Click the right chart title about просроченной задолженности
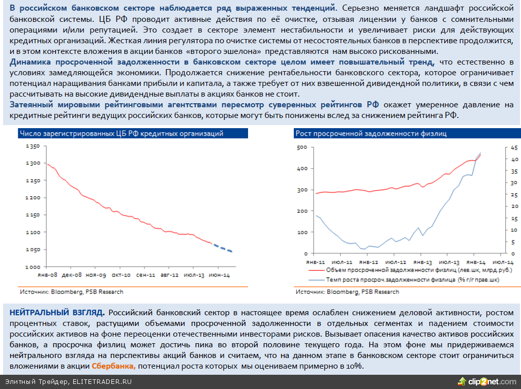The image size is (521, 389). (x=371, y=134)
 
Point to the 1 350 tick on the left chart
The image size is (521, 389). (x=32, y=146)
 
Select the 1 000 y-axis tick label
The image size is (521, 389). (x=32, y=267)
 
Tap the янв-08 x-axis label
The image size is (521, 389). (x=47, y=275)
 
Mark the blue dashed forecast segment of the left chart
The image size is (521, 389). (x=222, y=248)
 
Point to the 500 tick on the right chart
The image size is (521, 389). (x=301, y=147)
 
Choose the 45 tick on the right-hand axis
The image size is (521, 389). (x=514, y=148)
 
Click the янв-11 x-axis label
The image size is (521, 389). (x=316, y=261)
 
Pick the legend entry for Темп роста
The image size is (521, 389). (x=412, y=279)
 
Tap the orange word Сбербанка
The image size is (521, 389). (x=114, y=367)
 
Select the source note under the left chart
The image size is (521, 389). (x=71, y=292)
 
